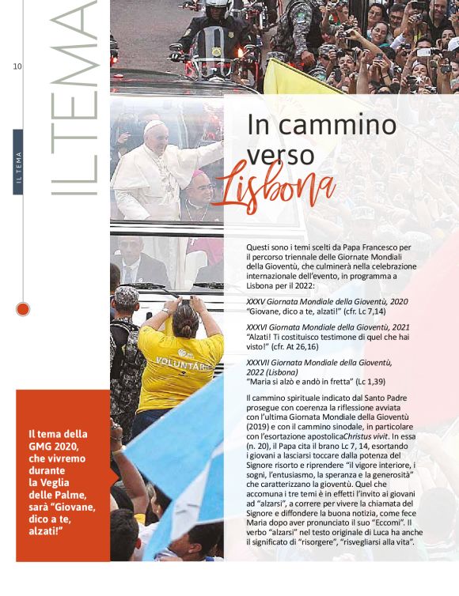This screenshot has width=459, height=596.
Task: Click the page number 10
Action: pos(17,66)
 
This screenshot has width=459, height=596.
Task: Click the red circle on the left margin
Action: pos(23,308)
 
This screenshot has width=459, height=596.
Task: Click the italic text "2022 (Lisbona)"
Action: pos(272,372)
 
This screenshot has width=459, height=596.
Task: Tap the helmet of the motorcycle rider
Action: pos(217,6)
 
